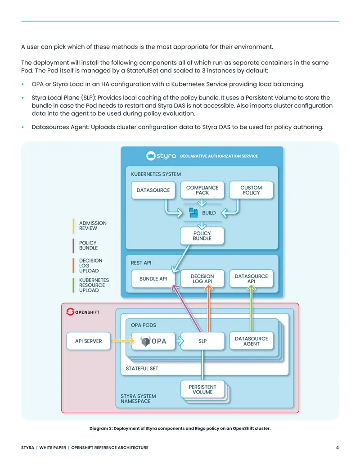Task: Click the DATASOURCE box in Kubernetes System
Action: click(x=153, y=190)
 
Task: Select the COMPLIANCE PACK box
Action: click(x=202, y=190)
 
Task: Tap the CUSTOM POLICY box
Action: click(x=251, y=190)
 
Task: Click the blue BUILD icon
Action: click(x=193, y=213)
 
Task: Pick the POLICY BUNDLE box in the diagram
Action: click(x=202, y=235)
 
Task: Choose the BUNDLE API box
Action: click(x=153, y=278)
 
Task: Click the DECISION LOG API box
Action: click(x=202, y=278)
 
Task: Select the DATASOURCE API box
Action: click(x=251, y=278)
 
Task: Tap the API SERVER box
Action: click(x=89, y=341)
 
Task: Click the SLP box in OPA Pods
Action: click(x=202, y=341)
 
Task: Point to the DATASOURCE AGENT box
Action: click(x=251, y=341)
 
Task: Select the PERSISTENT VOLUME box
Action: click(x=202, y=389)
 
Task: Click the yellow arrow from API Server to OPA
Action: click(x=122, y=341)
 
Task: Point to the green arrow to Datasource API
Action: click(x=251, y=308)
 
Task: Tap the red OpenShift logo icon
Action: click(x=70, y=312)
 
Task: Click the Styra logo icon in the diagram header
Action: click(x=151, y=156)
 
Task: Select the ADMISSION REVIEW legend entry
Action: click(x=90, y=226)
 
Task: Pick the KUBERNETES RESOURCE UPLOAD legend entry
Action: click(x=90, y=285)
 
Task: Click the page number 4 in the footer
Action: click(x=337, y=447)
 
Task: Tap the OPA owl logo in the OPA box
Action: click(x=145, y=341)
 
